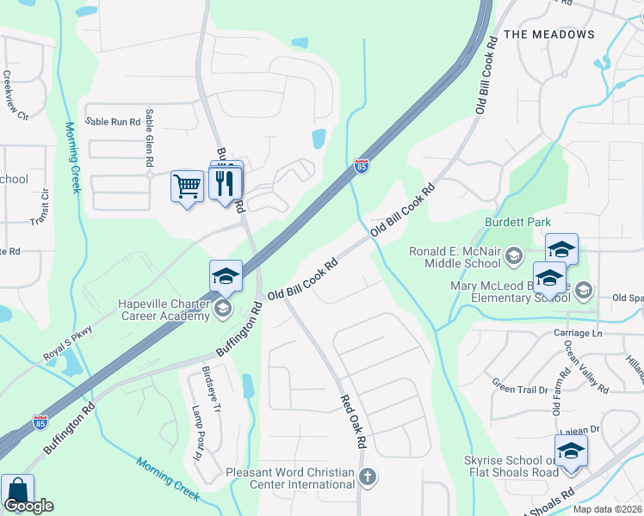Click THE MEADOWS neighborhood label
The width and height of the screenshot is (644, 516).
[x=548, y=34]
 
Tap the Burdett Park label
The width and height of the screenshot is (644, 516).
[x=517, y=223]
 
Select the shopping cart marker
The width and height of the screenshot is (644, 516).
[x=187, y=186]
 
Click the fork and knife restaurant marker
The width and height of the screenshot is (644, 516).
[x=225, y=184]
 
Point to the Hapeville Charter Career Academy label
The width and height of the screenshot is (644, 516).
[x=165, y=310]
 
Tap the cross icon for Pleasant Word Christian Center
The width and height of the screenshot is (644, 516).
[x=368, y=476]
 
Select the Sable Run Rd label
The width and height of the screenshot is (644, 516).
[x=112, y=122]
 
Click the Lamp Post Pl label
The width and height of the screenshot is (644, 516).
[x=196, y=433]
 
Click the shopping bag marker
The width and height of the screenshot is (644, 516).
[x=16, y=492]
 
